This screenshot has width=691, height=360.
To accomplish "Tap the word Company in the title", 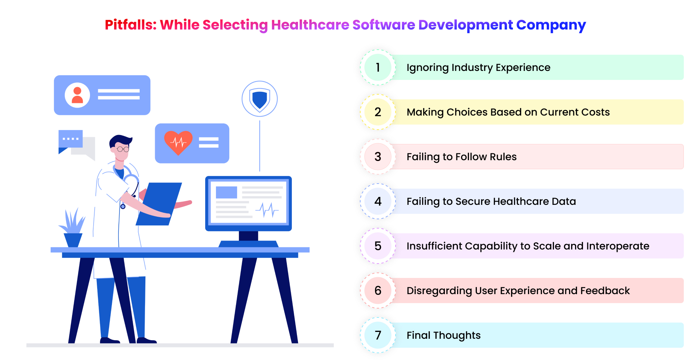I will pyautogui.click(x=551, y=25).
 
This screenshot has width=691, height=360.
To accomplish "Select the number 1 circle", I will pyautogui.click(x=378, y=67).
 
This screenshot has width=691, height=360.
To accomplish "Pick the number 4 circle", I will pyautogui.click(x=378, y=201).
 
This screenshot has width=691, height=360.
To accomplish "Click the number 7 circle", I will pyautogui.click(x=378, y=335).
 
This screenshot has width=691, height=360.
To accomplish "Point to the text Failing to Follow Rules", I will pyautogui.click(x=461, y=157).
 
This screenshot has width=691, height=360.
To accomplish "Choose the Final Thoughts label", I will pyautogui.click(x=443, y=335).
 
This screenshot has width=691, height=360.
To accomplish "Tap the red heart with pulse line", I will pyautogui.click(x=178, y=143).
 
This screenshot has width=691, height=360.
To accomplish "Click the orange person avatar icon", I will pyautogui.click(x=77, y=95).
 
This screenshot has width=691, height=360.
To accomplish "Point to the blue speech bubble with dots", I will pyautogui.click(x=70, y=139).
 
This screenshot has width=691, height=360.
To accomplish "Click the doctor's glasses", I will pyautogui.click(x=123, y=149).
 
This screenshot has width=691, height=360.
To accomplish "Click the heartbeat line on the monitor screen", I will pyautogui.click(x=267, y=210).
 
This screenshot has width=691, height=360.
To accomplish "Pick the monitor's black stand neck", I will pyautogui.click(x=248, y=236).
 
